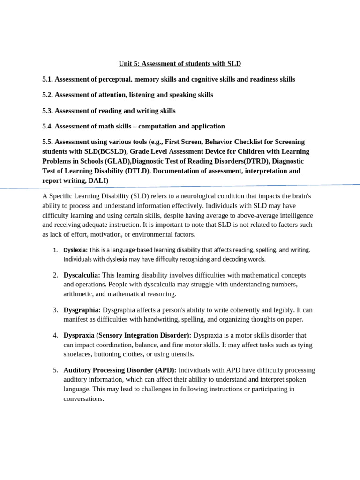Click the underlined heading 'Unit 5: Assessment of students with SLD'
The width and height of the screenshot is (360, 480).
pyautogui.click(x=180, y=63)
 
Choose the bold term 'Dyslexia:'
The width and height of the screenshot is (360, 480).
pyautogui.click(x=75, y=250)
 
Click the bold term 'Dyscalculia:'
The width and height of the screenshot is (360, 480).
pyautogui.click(x=82, y=275)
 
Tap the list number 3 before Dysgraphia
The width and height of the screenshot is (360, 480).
pyautogui.click(x=55, y=310)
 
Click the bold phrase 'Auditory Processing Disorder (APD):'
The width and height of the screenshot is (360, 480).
pyautogui.click(x=120, y=370)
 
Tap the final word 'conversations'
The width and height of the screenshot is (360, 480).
pyautogui.click(x=83, y=399)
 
